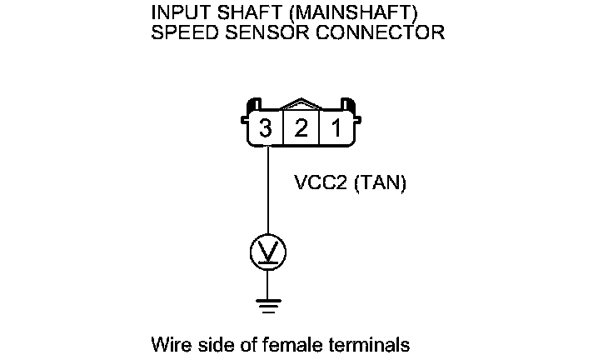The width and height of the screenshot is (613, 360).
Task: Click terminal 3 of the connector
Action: tap(266, 129)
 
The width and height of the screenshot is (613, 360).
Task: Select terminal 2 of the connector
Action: tap(302, 129)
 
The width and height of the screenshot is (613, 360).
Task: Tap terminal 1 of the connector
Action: tap(336, 129)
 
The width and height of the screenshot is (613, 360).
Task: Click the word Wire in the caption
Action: tap(168, 343)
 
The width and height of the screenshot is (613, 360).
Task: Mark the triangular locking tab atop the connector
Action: tap(302, 107)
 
